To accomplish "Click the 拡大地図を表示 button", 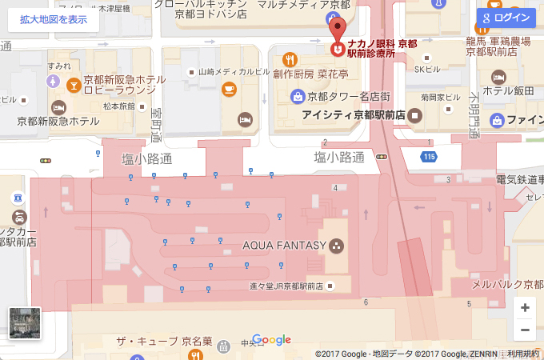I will pos(54,19).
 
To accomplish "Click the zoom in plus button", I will pos(524,307).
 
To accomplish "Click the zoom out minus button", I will pos(524,329).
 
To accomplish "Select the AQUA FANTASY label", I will pos(285,245).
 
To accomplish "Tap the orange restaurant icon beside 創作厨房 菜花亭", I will pos(290,59).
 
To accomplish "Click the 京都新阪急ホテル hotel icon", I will pos(58,107).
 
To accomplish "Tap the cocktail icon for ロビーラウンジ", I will pos(74,83).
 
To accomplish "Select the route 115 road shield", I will pos(430,157).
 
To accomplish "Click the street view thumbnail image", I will pos(24,322).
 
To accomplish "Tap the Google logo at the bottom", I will pos(271,340).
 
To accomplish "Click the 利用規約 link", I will pos(524,354).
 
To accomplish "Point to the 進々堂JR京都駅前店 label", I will pos(285,286).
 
